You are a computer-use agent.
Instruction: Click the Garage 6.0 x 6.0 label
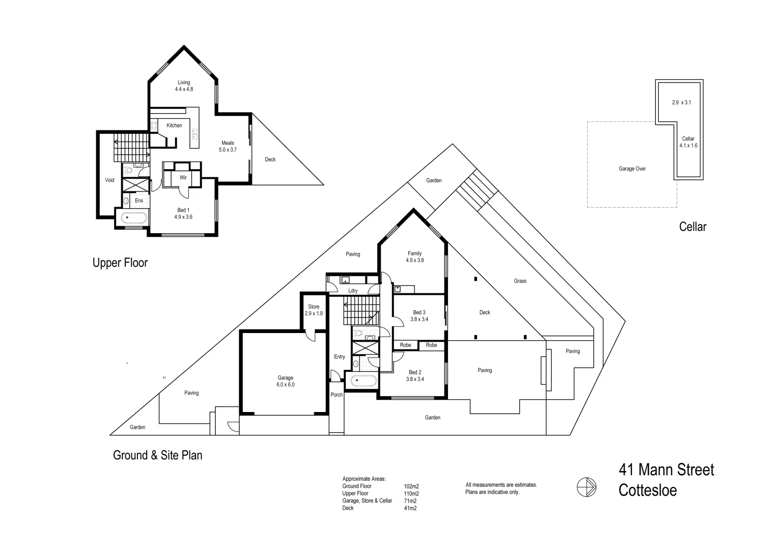285,381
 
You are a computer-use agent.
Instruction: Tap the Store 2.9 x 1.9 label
314,310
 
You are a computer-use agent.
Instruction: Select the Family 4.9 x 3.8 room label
414,257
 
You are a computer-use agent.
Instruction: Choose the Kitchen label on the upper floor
174,125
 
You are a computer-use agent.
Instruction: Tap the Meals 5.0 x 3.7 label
228,146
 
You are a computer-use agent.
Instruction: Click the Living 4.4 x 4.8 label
184,86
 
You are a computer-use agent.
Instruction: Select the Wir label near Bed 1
183,177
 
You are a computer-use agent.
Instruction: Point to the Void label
109,180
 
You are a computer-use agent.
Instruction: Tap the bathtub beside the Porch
362,380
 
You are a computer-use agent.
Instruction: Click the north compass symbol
587,487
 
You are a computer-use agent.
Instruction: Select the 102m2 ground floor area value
411,486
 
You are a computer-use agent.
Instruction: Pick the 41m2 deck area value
409,508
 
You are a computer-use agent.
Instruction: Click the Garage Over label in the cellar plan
632,169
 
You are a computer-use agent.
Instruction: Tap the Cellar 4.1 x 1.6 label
688,142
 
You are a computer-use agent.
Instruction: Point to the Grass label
520,281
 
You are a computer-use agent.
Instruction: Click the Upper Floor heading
120,263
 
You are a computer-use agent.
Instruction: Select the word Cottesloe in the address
648,490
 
